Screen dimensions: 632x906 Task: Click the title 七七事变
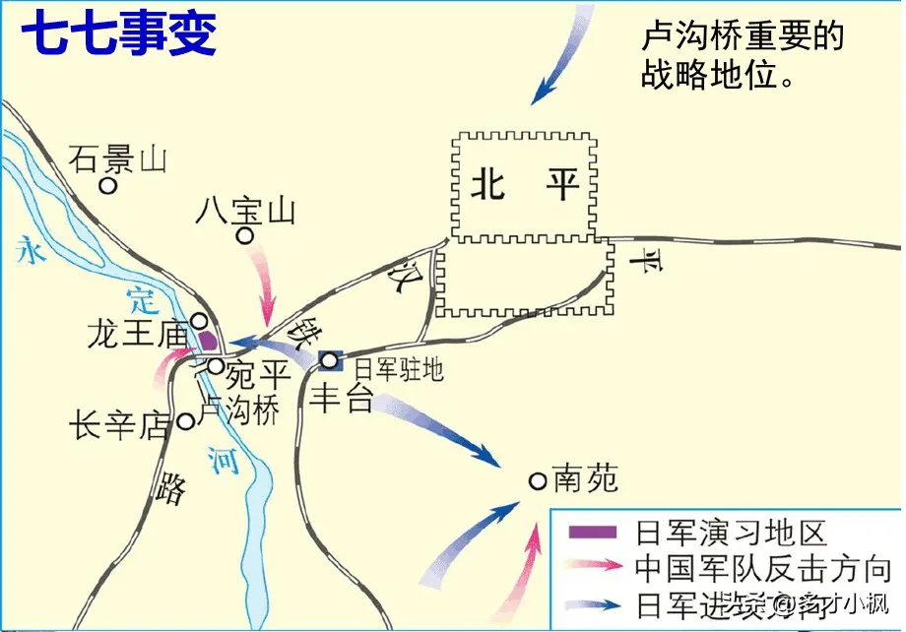119,33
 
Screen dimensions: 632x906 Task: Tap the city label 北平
525,183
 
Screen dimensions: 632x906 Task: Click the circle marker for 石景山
110,185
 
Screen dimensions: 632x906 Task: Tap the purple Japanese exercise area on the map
209,341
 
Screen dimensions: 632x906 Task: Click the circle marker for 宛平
216,366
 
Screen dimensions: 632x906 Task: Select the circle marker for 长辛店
185,421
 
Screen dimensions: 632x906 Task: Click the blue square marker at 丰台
331,362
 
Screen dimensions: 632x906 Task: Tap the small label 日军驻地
399,369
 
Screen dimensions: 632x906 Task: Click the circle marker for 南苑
538,480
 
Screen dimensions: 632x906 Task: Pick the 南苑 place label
586,478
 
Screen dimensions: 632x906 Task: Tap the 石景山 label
119,158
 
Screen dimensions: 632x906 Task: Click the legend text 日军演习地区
730,533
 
